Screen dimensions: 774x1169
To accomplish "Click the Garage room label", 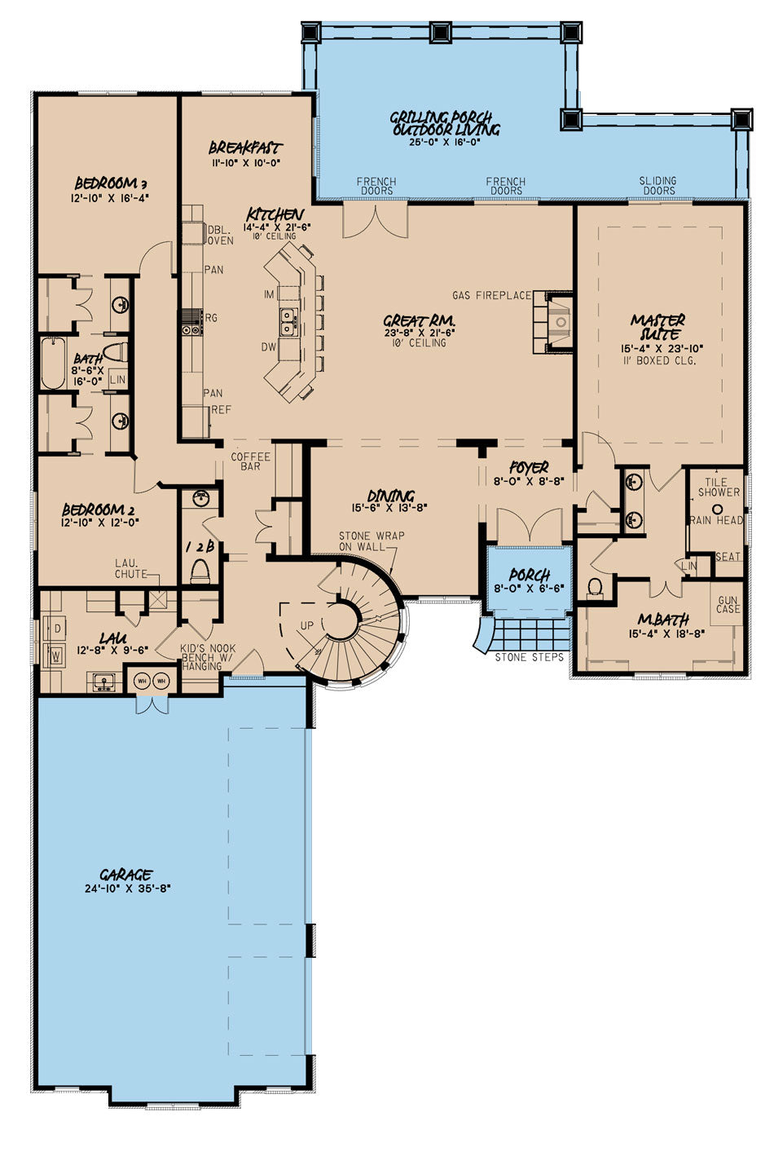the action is pyautogui.click(x=125, y=875).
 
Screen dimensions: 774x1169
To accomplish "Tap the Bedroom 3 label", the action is pyautogui.click(x=111, y=183).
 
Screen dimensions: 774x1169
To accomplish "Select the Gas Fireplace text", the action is pyautogui.click(x=492, y=295).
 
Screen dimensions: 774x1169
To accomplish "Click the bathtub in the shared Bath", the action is pyautogui.click(x=53, y=364).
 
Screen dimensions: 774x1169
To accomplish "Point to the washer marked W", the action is pyautogui.click(x=56, y=655).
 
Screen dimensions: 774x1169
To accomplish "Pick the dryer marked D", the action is pyautogui.click(x=56, y=629).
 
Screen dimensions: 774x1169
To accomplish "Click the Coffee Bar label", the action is pyautogui.click(x=250, y=461).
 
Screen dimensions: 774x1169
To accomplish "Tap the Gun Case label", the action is pyautogui.click(x=728, y=604).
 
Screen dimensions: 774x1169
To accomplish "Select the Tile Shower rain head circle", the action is pyautogui.click(x=718, y=509).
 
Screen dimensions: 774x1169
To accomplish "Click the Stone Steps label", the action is pyautogui.click(x=530, y=658).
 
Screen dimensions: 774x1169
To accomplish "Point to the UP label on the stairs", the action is pyautogui.click(x=307, y=625).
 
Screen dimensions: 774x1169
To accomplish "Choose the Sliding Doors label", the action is pyautogui.click(x=659, y=186).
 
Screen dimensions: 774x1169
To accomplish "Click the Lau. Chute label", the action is pyautogui.click(x=130, y=569).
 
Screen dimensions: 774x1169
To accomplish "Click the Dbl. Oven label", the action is pyautogui.click(x=220, y=235).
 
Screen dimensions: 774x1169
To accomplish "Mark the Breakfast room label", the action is pyautogui.click(x=245, y=148).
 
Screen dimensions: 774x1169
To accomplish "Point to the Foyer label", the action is pyautogui.click(x=529, y=467).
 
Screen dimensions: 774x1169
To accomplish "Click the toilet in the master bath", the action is pyautogui.click(x=595, y=587).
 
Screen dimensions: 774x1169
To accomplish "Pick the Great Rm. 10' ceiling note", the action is pyautogui.click(x=416, y=343).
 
